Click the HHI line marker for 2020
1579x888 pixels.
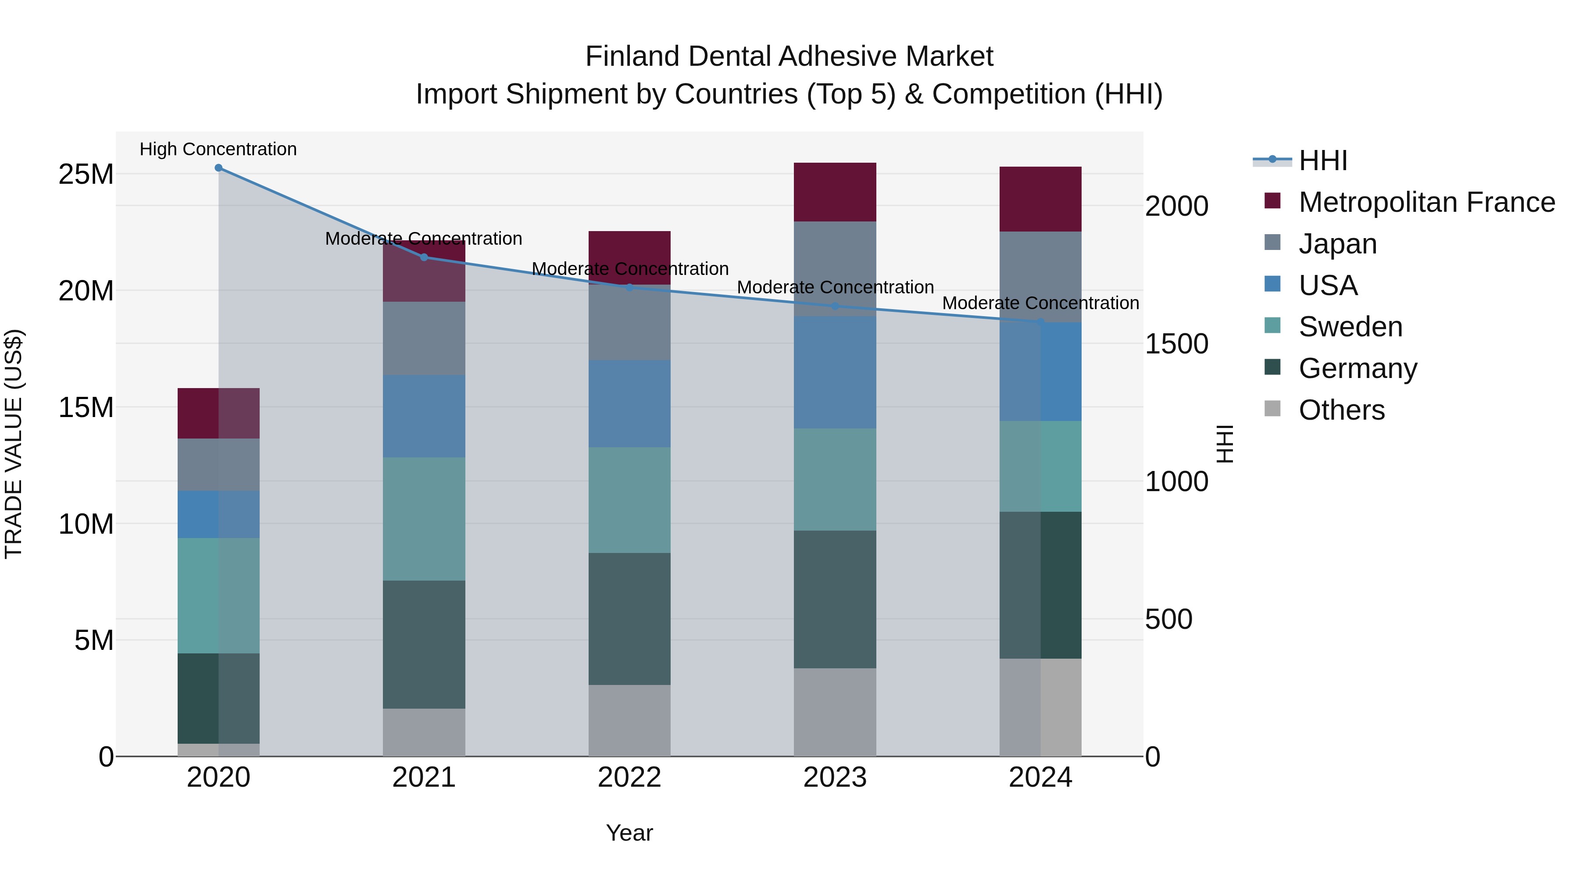(218, 168)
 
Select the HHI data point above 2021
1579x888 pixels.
(424, 257)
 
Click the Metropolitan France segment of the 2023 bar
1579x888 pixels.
(835, 192)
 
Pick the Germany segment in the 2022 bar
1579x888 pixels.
(629, 619)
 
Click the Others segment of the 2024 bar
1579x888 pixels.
(1040, 707)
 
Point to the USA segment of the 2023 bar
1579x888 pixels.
(835, 372)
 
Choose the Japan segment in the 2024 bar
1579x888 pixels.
(1040, 276)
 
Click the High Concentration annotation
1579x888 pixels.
(218, 149)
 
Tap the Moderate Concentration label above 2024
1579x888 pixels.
(1040, 303)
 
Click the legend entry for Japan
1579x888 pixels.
(1337, 244)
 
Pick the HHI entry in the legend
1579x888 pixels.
(1323, 160)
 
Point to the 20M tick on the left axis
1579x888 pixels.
(86, 290)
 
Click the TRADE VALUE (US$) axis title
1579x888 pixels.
(14, 444)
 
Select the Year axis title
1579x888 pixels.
(629, 833)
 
